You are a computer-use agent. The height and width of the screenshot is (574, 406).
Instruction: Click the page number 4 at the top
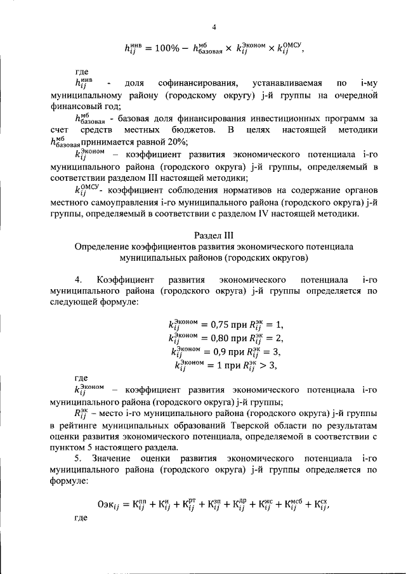coord(214,27)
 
